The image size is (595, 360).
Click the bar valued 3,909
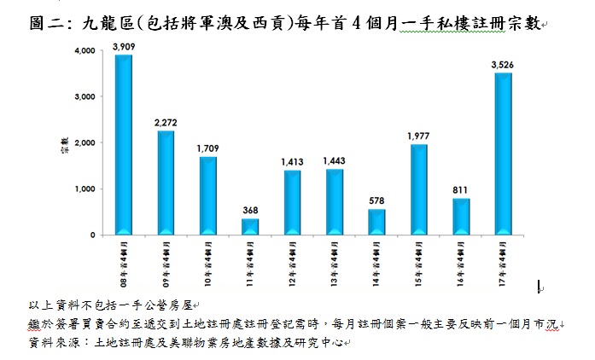pos(124,145)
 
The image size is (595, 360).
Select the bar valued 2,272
pos(166,183)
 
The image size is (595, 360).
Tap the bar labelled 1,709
pos(208,195)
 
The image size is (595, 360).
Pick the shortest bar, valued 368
pos(250,226)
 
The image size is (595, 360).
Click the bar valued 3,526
pos(504,154)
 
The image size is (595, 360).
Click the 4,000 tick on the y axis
pos(85,51)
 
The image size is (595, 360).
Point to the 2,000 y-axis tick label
pos(85,143)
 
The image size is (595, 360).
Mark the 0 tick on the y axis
pos(92,235)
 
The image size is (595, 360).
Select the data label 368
pos(250,211)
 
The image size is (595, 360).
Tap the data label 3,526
pos(504,65)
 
